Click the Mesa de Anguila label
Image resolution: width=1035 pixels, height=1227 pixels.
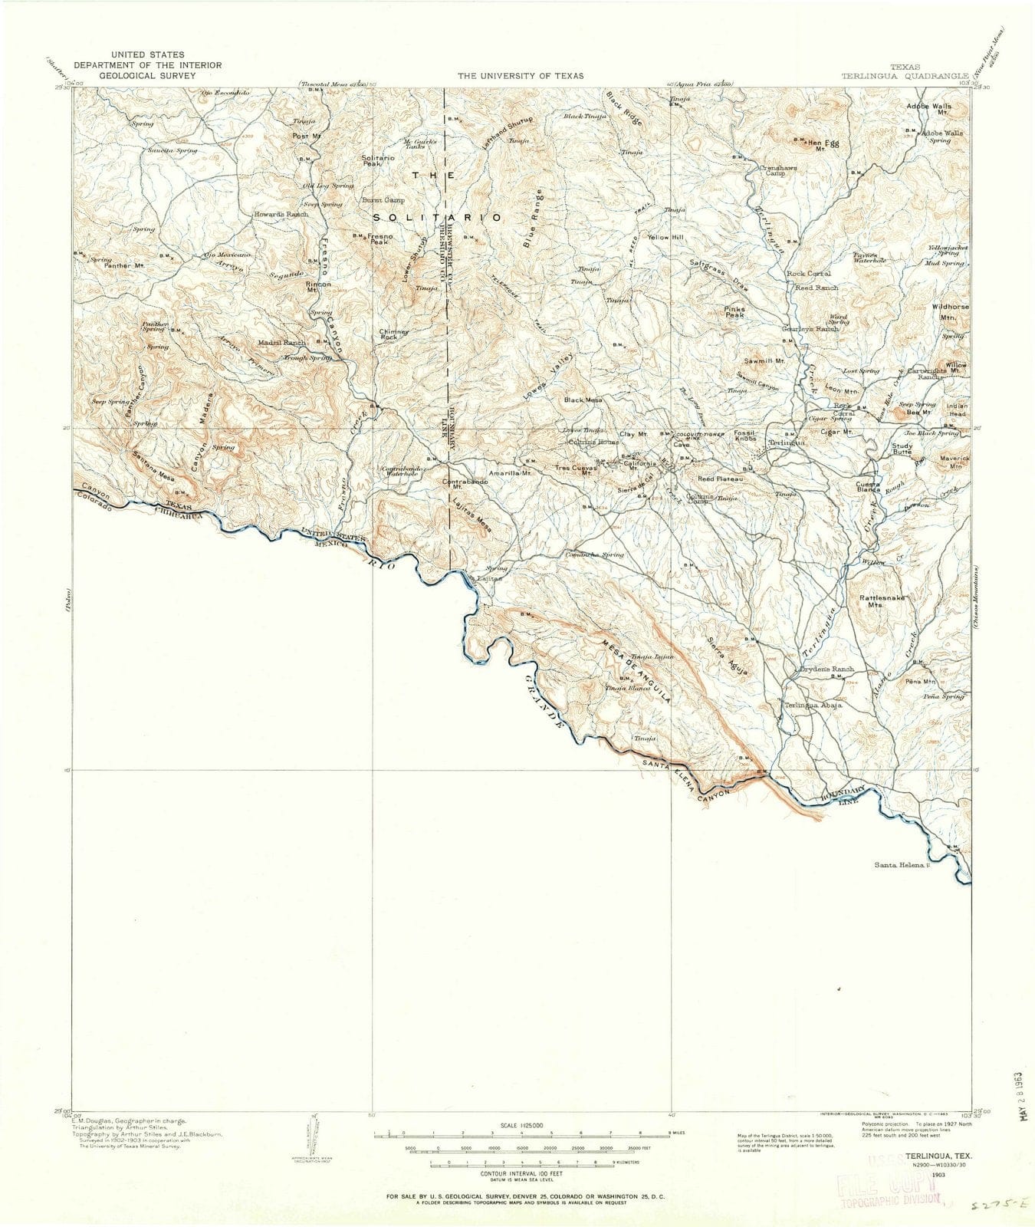tap(636, 672)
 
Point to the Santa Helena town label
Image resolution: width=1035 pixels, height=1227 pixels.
tap(901, 865)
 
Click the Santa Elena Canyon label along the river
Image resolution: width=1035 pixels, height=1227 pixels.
tap(688, 779)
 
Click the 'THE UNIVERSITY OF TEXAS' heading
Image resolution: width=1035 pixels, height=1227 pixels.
tap(521, 75)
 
